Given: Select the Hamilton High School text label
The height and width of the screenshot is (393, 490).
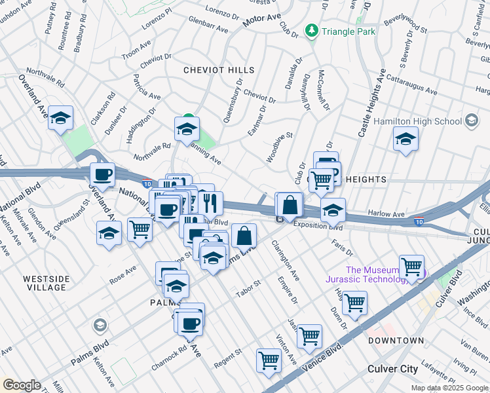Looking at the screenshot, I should pyautogui.click(x=417, y=121).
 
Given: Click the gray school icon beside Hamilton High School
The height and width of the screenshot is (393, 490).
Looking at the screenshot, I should pyautogui.click(x=471, y=121).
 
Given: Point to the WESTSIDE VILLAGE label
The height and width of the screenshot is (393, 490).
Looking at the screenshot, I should pyautogui.click(x=45, y=283).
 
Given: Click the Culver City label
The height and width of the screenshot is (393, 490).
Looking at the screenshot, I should pyautogui.click(x=392, y=369).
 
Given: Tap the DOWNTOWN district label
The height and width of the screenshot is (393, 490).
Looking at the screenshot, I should pyautogui.click(x=396, y=341).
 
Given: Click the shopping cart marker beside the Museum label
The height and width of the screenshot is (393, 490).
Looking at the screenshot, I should pyautogui.click(x=411, y=267).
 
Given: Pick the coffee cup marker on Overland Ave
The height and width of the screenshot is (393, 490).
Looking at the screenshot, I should pyautogui.click(x=102, y=175).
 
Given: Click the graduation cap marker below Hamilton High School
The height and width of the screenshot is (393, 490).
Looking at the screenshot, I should pyautogui.click(x=405, y=139).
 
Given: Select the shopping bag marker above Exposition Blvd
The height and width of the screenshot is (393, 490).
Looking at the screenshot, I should pyautogui.click(x=290, y=205).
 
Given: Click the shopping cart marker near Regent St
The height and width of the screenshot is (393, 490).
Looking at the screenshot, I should pyautogui.click(x=269, y=360).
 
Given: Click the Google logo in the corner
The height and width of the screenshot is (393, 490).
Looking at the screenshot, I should pyautogui.click(x=22, y=384).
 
